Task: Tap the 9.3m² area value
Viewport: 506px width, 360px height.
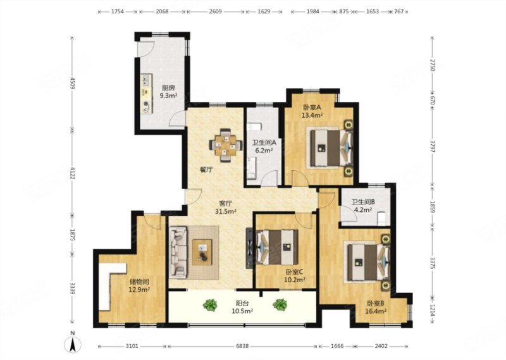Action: [168, 96]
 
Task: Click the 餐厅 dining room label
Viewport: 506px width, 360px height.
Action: [206, 170]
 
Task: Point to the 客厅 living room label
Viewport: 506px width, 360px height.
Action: [226, 203]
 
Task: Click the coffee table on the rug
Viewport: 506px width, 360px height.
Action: [202, 252]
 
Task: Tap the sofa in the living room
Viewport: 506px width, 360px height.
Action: [178, 252]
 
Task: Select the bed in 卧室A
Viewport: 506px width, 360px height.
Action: [329, 147]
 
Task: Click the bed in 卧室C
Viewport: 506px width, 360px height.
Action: [278, 247]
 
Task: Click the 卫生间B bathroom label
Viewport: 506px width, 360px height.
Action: [362, 202]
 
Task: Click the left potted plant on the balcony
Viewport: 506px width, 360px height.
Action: [210, 305]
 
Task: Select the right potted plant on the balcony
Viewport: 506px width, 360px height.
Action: [280, 304]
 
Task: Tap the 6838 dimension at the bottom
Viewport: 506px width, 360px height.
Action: [242, 346]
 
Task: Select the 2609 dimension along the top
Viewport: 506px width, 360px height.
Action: [215, 11]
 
